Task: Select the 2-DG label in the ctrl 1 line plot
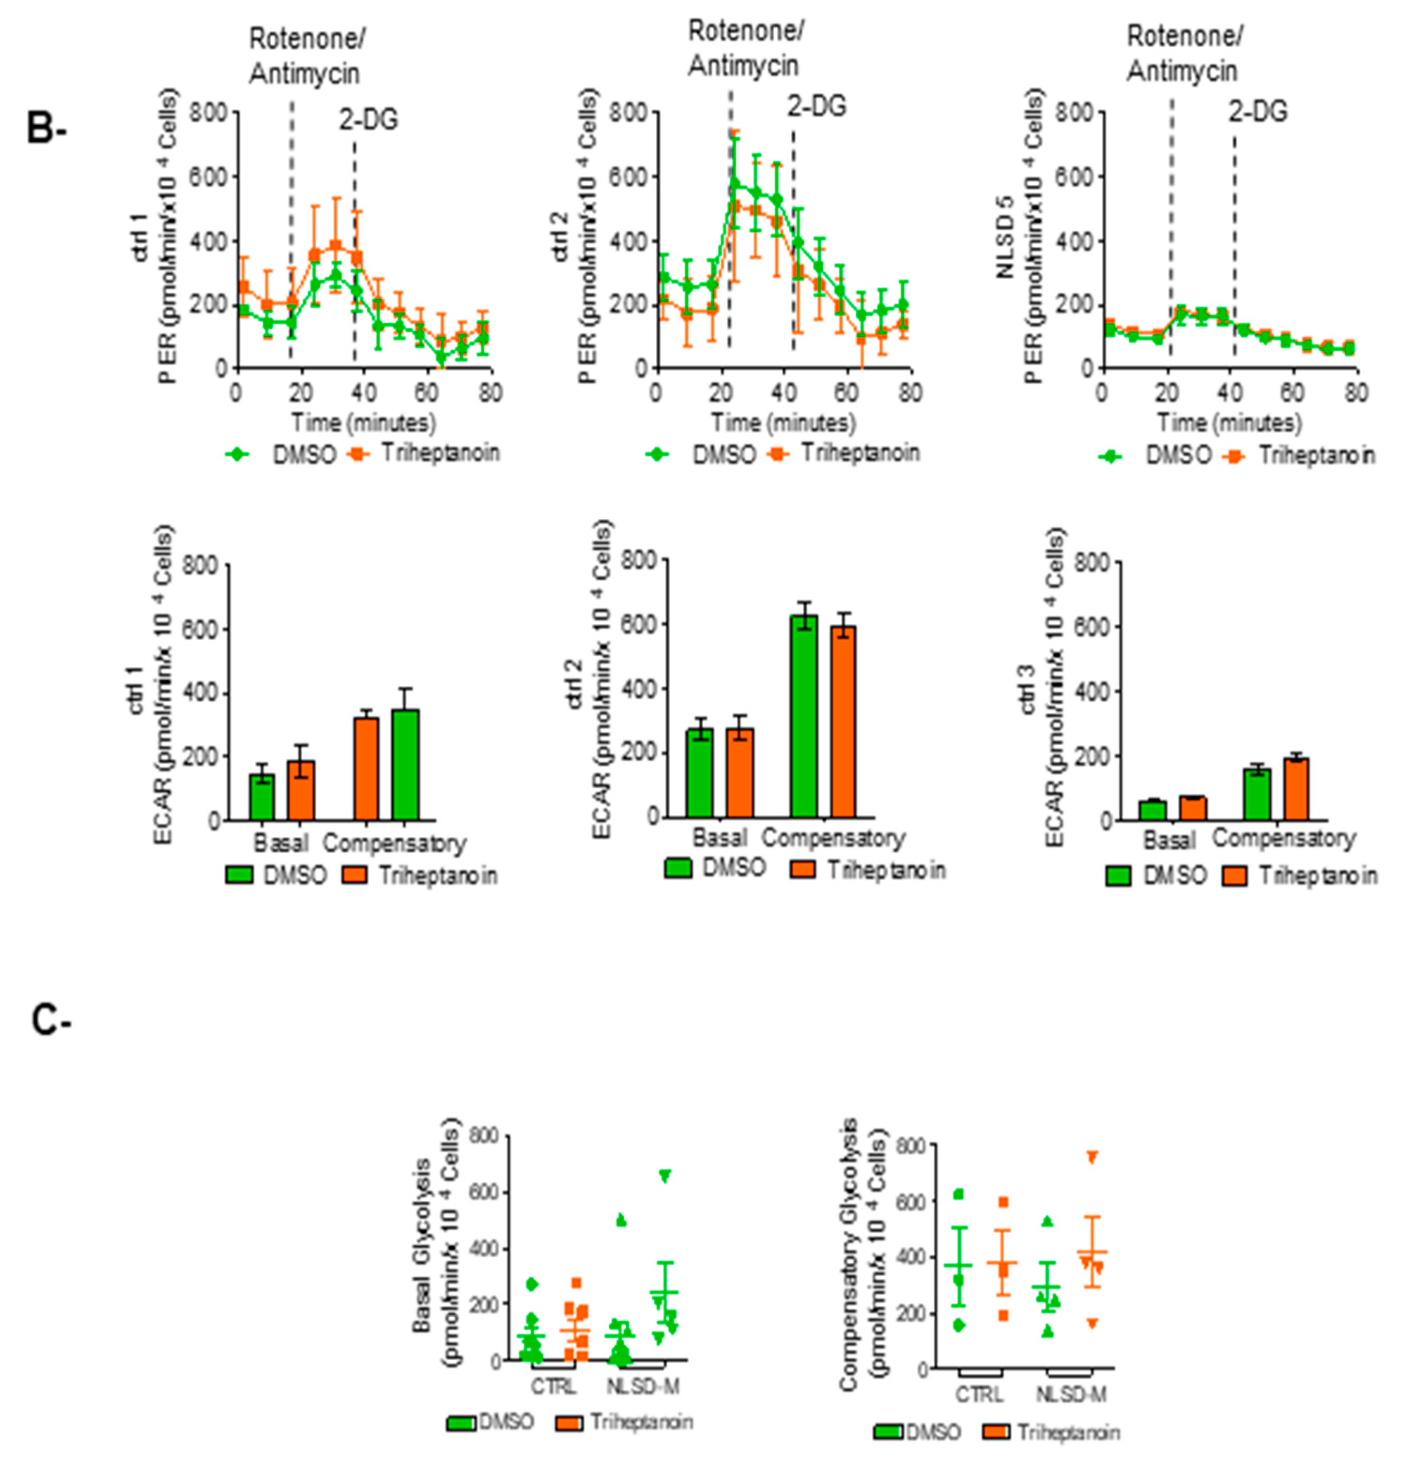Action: tap(369, 120)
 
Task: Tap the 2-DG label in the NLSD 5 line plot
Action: tap(1258, 112)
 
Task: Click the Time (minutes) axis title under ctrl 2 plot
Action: tap(783, 423)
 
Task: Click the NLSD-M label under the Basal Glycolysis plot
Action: tap(642, 1386)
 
